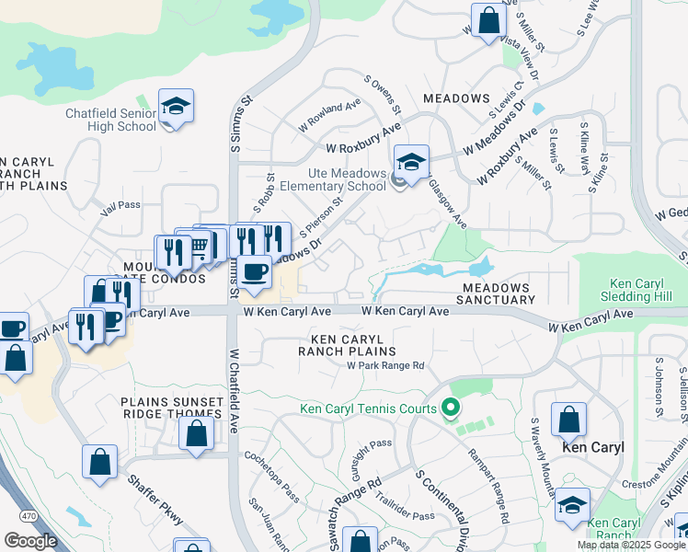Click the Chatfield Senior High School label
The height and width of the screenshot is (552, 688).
click(x=110, y=121)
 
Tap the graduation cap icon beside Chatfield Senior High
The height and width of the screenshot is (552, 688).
click(x=175, y=108)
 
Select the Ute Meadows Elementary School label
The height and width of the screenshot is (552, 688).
click(x=334, y=178)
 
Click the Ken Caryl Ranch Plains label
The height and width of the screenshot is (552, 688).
click(x=347, y=345)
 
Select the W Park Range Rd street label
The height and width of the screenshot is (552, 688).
click(x=384, y=365)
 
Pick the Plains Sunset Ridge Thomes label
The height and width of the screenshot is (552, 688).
click(x=173, y=409)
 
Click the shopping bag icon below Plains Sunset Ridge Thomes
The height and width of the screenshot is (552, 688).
click(x=198, y=435)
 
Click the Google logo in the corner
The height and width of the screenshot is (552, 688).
click(x=30, y=541)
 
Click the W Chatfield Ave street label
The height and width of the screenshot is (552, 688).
click(x=234, y=390)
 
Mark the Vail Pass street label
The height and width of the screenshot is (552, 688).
click(x=120, y=209)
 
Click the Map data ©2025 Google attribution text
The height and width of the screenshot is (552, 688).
click(x=630, y=545)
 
